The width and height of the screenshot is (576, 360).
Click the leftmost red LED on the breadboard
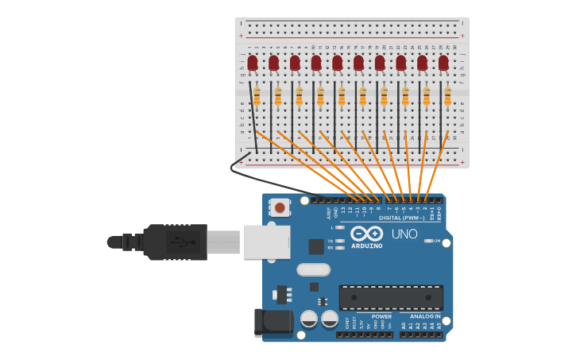(253, 62)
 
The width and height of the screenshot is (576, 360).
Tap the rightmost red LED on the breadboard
(443, 62)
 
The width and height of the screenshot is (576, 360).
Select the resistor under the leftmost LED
(257, 96)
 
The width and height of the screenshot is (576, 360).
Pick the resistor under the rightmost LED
(447, 96)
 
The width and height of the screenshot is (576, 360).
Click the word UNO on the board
(404, 234)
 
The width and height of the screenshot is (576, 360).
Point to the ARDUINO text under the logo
(366, 246)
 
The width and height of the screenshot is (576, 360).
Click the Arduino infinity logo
(366, 234)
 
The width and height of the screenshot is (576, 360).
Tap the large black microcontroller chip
(391, 298)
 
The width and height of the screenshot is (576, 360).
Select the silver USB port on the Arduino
(267, 242)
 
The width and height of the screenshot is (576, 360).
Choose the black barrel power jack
(272, 322)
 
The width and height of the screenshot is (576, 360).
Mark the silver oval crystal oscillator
(314, 269)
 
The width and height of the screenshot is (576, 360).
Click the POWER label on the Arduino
(381, 316)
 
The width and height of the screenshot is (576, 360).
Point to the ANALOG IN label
(425, 316)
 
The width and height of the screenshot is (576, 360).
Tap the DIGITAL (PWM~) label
(401, 217)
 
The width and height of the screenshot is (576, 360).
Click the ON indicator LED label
(436, 241)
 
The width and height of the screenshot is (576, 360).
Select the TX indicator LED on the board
(340, 240)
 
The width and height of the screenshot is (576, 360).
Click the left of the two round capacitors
(309, 319)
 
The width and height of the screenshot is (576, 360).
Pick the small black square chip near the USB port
(316, 246)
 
